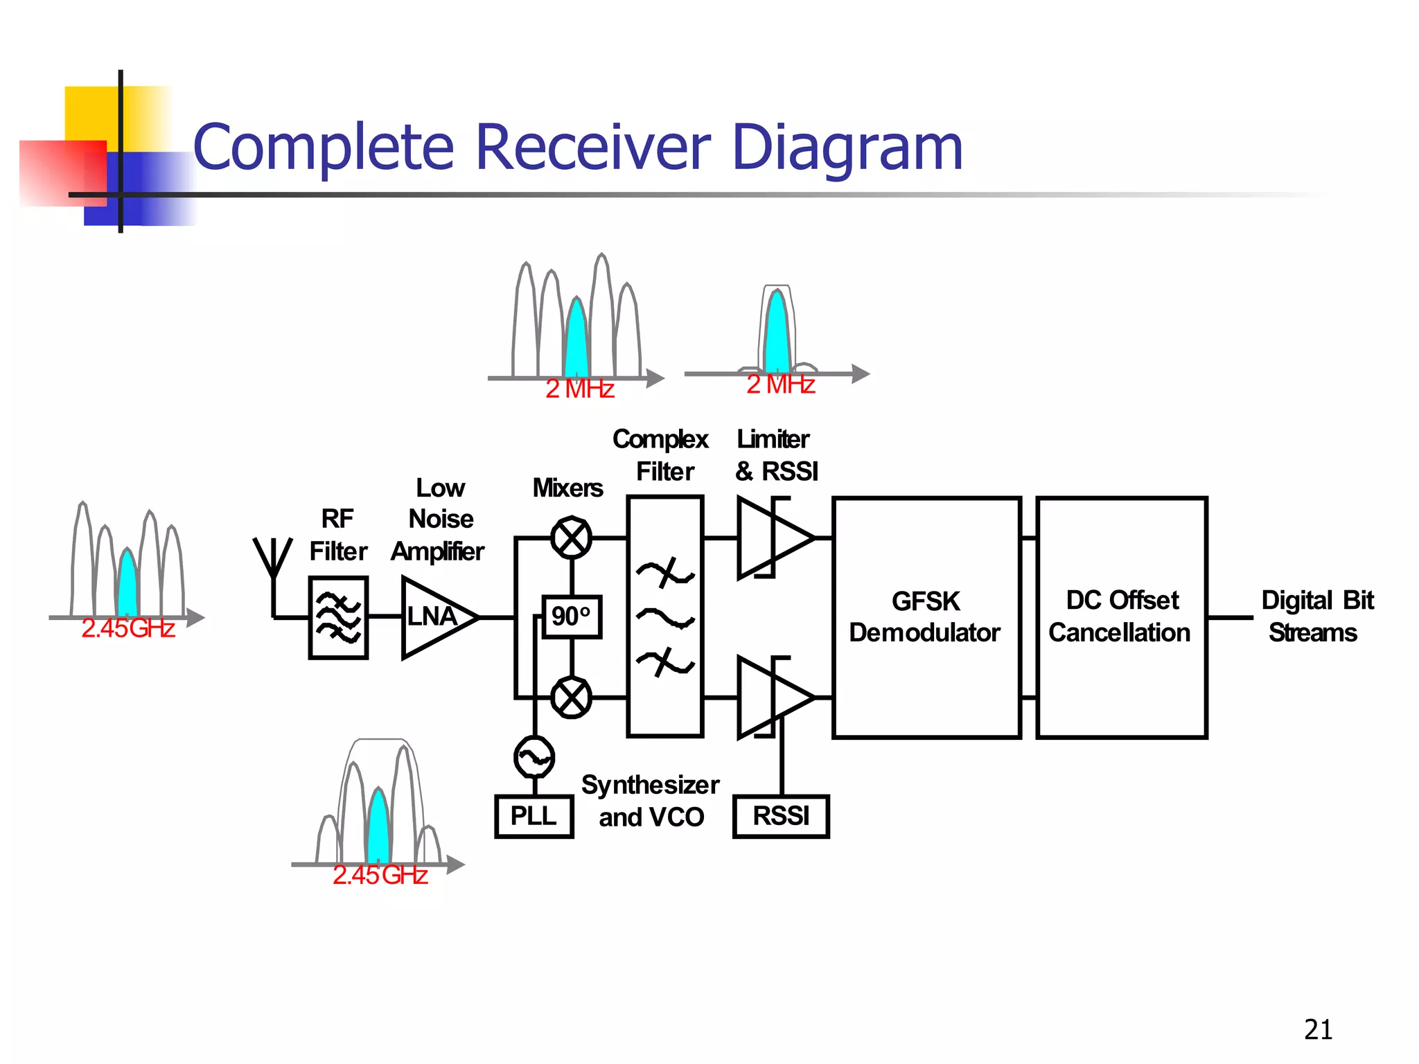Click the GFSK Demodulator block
(x=926, y=617)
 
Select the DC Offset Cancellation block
(x=1121, y=617)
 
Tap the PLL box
(x=534, y=816)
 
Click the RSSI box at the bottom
(x=781, y=816)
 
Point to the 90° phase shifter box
(x=572, y=617)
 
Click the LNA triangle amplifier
(x=435, y=617)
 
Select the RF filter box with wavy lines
(x=338, y=617)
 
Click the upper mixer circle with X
(x=572, y=538)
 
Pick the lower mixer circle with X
(x=572, y=697)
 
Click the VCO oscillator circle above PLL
(x=534, y=757)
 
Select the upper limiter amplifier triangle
(x=770, y=538)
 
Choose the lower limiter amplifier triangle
(x=770, y=697)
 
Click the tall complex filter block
(x=665, y=617)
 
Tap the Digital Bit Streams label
(x=1316, y=617)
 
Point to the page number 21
(x=1318, y=1029)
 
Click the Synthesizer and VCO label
(x=651, y=801)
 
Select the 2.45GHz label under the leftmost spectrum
(x=128, y=628)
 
